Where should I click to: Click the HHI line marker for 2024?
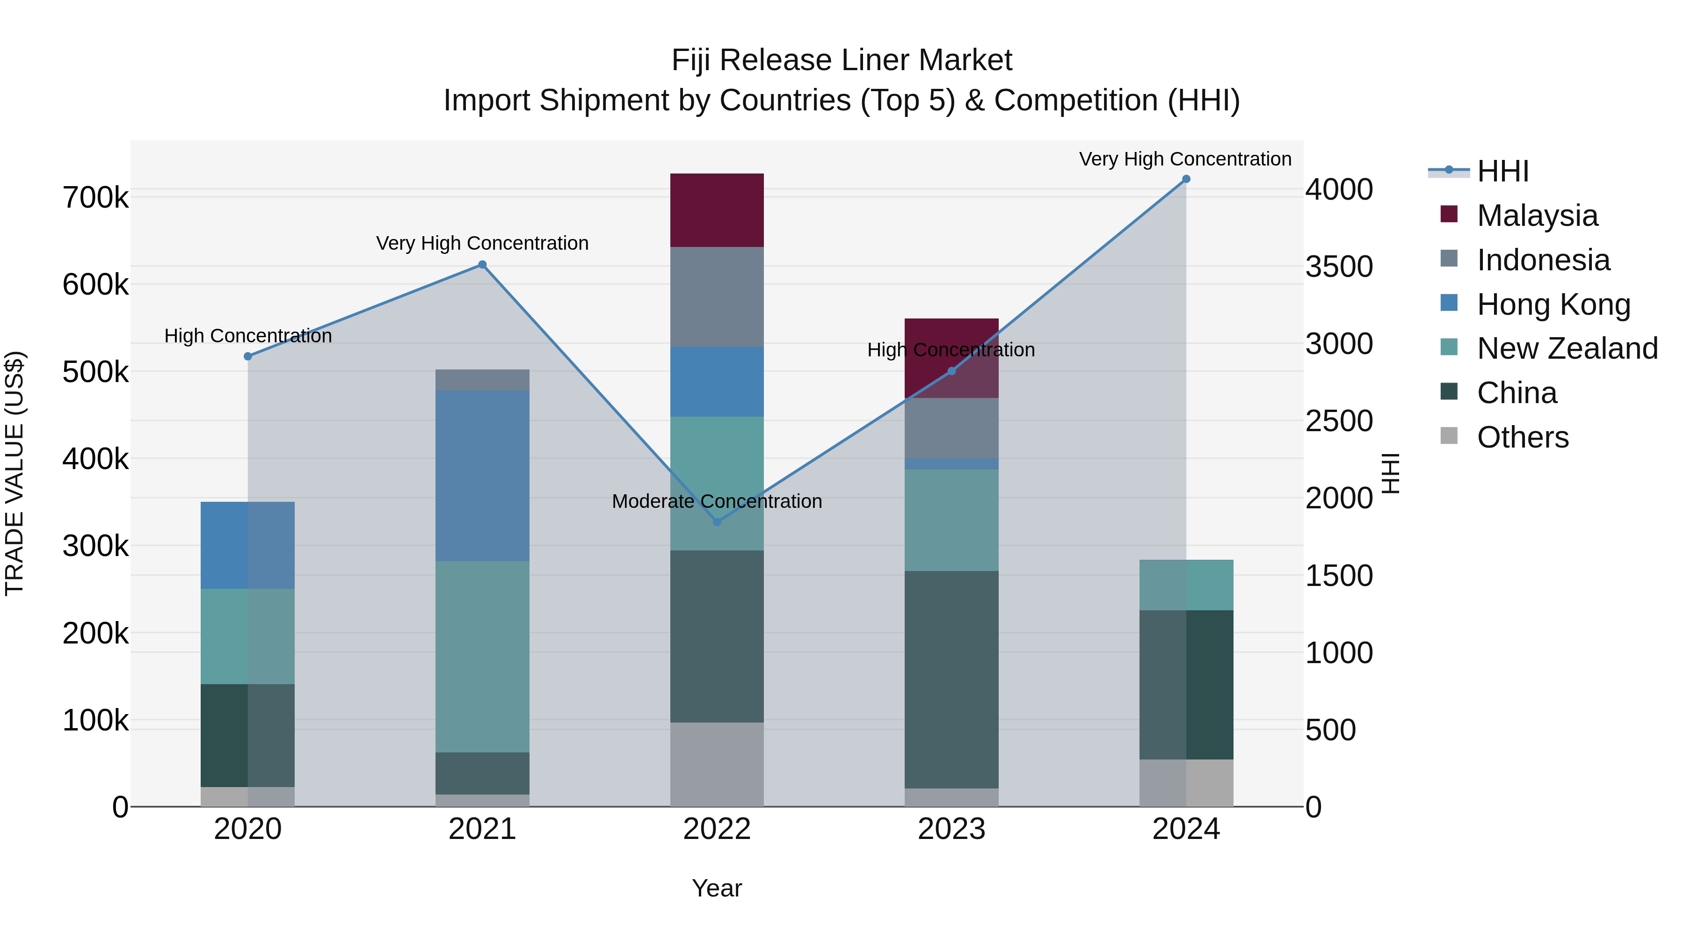tap(1186, 179)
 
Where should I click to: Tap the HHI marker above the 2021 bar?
tap(482, 265)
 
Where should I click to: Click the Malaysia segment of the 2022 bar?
tap(717, 210)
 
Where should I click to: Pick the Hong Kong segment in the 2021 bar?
tap(482, 475)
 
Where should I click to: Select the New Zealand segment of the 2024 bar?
tap(1186, 585)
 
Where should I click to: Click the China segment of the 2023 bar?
tap(951, 680)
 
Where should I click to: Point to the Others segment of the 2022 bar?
tap(717, 764)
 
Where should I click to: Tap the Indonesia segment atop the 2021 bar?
tap(482, 380)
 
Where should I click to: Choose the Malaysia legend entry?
tap(1536, 216)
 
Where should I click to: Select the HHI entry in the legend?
tap(1502, 171)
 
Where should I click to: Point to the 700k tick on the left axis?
tap(95, 197)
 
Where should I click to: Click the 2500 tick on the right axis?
tap(1339, 421)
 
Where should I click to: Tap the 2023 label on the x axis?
tap(951, 829)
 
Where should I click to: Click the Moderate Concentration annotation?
tap(717, 501)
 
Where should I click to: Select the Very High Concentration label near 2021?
tap(482, 243)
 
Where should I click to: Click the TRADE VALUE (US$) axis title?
tap(15, 473)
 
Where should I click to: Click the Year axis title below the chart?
tap(717, 888)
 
